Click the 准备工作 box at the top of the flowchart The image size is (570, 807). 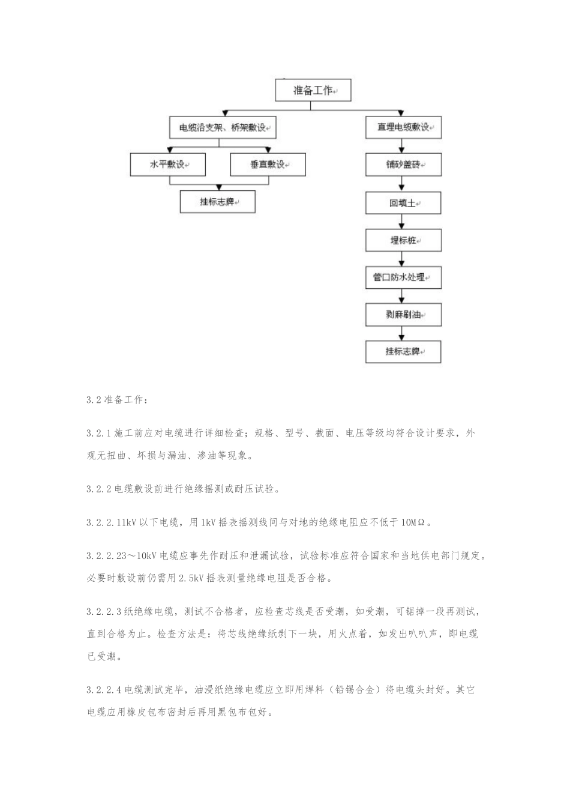(x=312, y=91)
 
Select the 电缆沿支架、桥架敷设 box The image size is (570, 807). (x=223, y=128)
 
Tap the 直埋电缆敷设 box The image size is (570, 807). (x=403, y=128)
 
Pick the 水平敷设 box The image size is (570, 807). (x=167, y=165)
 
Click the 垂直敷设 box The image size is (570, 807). (x=268, y=165)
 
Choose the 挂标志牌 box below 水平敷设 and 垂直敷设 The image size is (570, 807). (x=217, y=202)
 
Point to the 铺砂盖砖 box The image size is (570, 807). (x=403, y=165)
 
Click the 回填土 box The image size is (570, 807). (x=403, y=203)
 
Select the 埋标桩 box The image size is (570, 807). (x=403, y=240)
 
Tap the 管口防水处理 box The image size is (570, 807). (x=403, y=277)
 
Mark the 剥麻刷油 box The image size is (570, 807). (x=403, y=315)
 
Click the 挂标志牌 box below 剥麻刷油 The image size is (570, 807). (x=403, y=352)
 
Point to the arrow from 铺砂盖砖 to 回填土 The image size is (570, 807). (x=403, y=185)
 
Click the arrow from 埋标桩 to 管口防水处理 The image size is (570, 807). (x=403, y=259)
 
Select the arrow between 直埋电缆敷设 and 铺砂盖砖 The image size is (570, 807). (x=403, y=147)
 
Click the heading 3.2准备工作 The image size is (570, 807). (x=115, y=399)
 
